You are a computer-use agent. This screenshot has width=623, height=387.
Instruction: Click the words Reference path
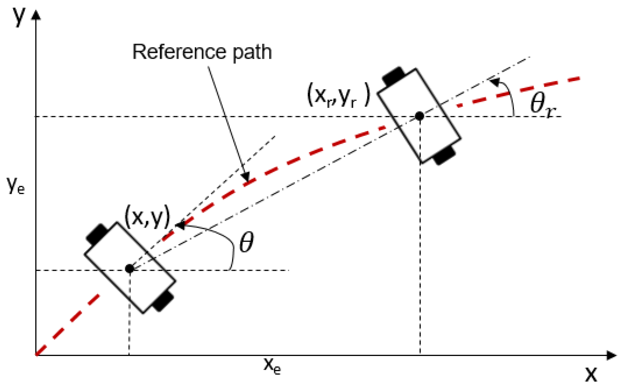click(202, 52)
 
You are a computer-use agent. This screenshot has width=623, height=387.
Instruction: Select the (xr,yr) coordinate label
click(339, 95)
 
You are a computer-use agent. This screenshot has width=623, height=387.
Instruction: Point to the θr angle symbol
click(542, 104)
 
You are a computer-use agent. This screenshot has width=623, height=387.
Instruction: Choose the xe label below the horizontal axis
click(272, 366)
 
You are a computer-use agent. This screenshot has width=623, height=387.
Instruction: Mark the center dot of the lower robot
click(129, 268)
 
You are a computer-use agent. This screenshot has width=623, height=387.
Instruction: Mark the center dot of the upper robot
click(420, 116)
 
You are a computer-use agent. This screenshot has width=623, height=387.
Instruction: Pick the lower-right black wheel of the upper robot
click(444, 155)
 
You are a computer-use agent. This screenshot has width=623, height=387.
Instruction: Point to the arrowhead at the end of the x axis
click(612, 355)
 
